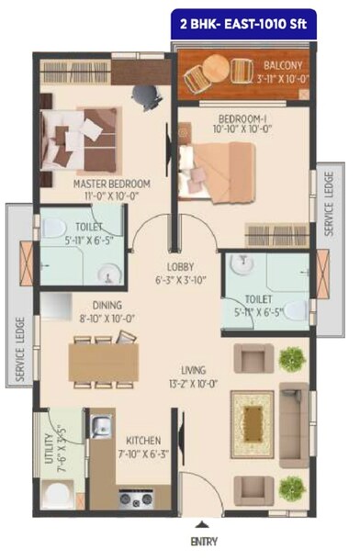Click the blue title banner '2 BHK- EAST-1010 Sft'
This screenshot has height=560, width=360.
[244, 19]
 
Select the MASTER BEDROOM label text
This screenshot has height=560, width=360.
[112, 184]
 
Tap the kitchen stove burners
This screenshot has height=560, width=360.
[137, 499]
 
